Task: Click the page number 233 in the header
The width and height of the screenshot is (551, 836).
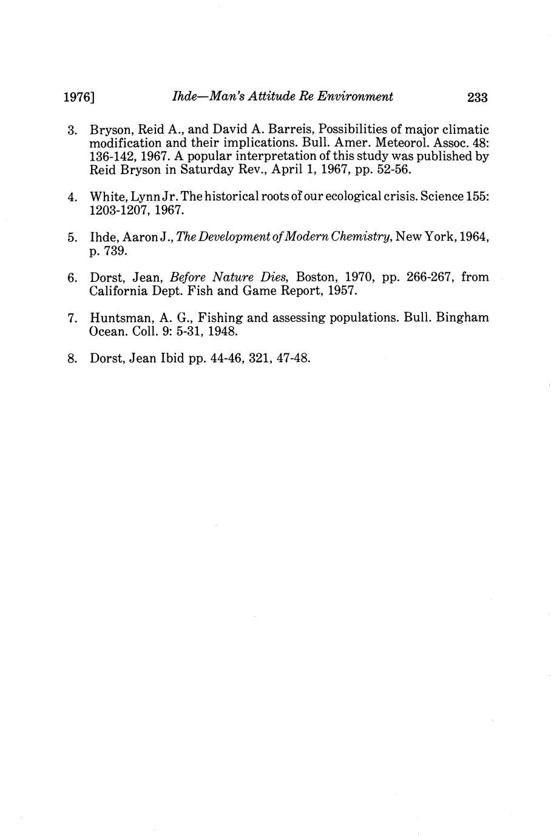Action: [478, 97]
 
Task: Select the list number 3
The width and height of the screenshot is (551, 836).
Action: [72, 130]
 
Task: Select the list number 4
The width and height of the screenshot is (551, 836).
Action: [72, 198]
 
